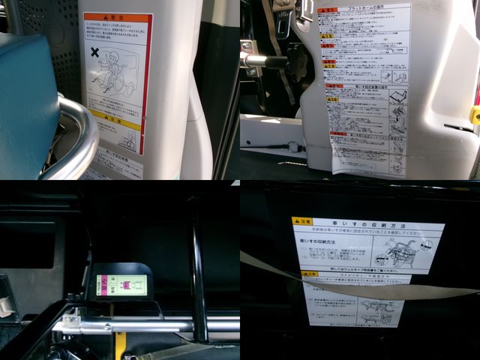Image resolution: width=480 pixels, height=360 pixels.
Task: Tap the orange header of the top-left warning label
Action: click(117, 16)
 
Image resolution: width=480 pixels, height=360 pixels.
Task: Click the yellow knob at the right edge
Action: click(474, 114)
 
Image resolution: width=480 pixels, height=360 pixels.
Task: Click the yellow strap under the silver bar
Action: click(120, 345)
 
